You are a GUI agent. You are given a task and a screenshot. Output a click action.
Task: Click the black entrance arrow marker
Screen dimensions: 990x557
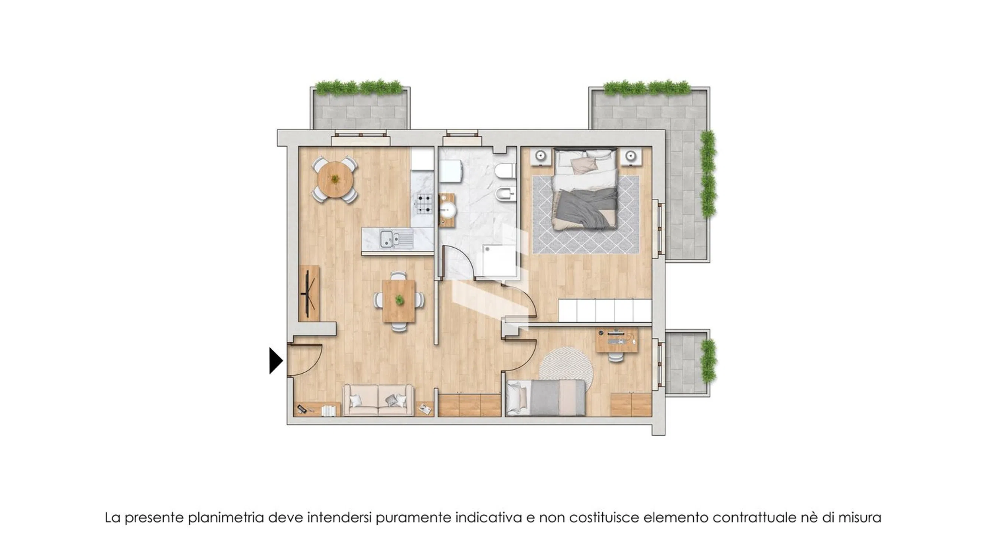(276, 361)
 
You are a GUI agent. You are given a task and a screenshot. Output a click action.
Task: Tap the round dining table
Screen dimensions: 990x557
(336, 179)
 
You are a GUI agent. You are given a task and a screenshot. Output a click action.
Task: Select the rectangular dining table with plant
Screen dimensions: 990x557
(399, 301)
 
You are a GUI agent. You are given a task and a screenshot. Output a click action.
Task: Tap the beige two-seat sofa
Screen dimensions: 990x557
(378, 400)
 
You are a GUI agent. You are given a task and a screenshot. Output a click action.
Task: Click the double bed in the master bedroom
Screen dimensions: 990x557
(585, 189)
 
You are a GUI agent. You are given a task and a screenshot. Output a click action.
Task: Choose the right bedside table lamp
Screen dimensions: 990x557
(630, 156)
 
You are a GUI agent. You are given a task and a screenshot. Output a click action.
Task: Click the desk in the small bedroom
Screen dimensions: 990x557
(616, 340)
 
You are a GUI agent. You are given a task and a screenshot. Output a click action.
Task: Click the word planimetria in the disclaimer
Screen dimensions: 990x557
(226, 518)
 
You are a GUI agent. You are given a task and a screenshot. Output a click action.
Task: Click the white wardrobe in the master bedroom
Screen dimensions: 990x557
(605, 310)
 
